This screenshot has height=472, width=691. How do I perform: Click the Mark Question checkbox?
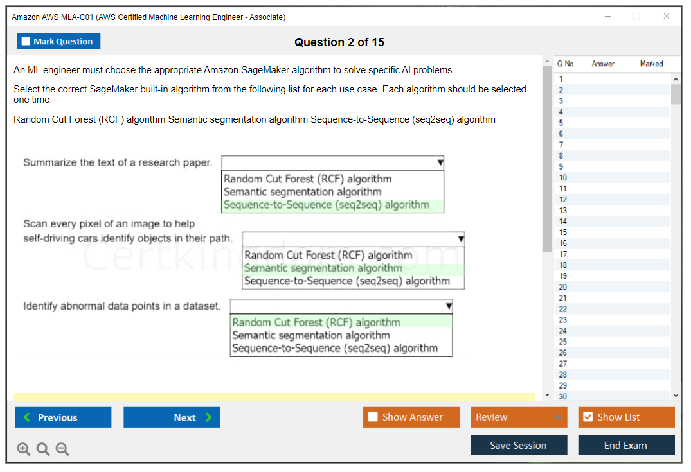[26, 42]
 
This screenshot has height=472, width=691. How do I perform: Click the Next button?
[172, 417]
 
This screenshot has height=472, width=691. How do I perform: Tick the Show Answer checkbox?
[373, 417]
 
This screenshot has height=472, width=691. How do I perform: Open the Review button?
[519, 417]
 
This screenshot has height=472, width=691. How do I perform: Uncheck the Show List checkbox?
[588, 417]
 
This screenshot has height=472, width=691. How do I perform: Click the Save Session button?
[518, 445]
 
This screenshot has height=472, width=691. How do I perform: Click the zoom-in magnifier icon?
[24, 449]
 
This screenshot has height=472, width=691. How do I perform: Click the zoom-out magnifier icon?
[62, 449]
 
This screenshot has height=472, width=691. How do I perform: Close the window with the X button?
[667, 17]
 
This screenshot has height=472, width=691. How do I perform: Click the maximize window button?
[637, 17]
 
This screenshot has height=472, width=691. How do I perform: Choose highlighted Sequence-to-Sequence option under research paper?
[327, 205]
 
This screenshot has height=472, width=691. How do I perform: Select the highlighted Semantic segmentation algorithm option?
[323, 268]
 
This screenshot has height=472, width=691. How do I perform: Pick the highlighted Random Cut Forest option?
[316, 322]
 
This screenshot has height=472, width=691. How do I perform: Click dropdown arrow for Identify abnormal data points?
[449, 306]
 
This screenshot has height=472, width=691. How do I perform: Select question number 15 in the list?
[563, 232]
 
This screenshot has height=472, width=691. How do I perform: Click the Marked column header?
[651, 64]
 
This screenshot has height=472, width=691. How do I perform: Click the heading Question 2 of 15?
[339, 42]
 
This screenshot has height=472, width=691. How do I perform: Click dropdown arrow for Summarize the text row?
[440, 163]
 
